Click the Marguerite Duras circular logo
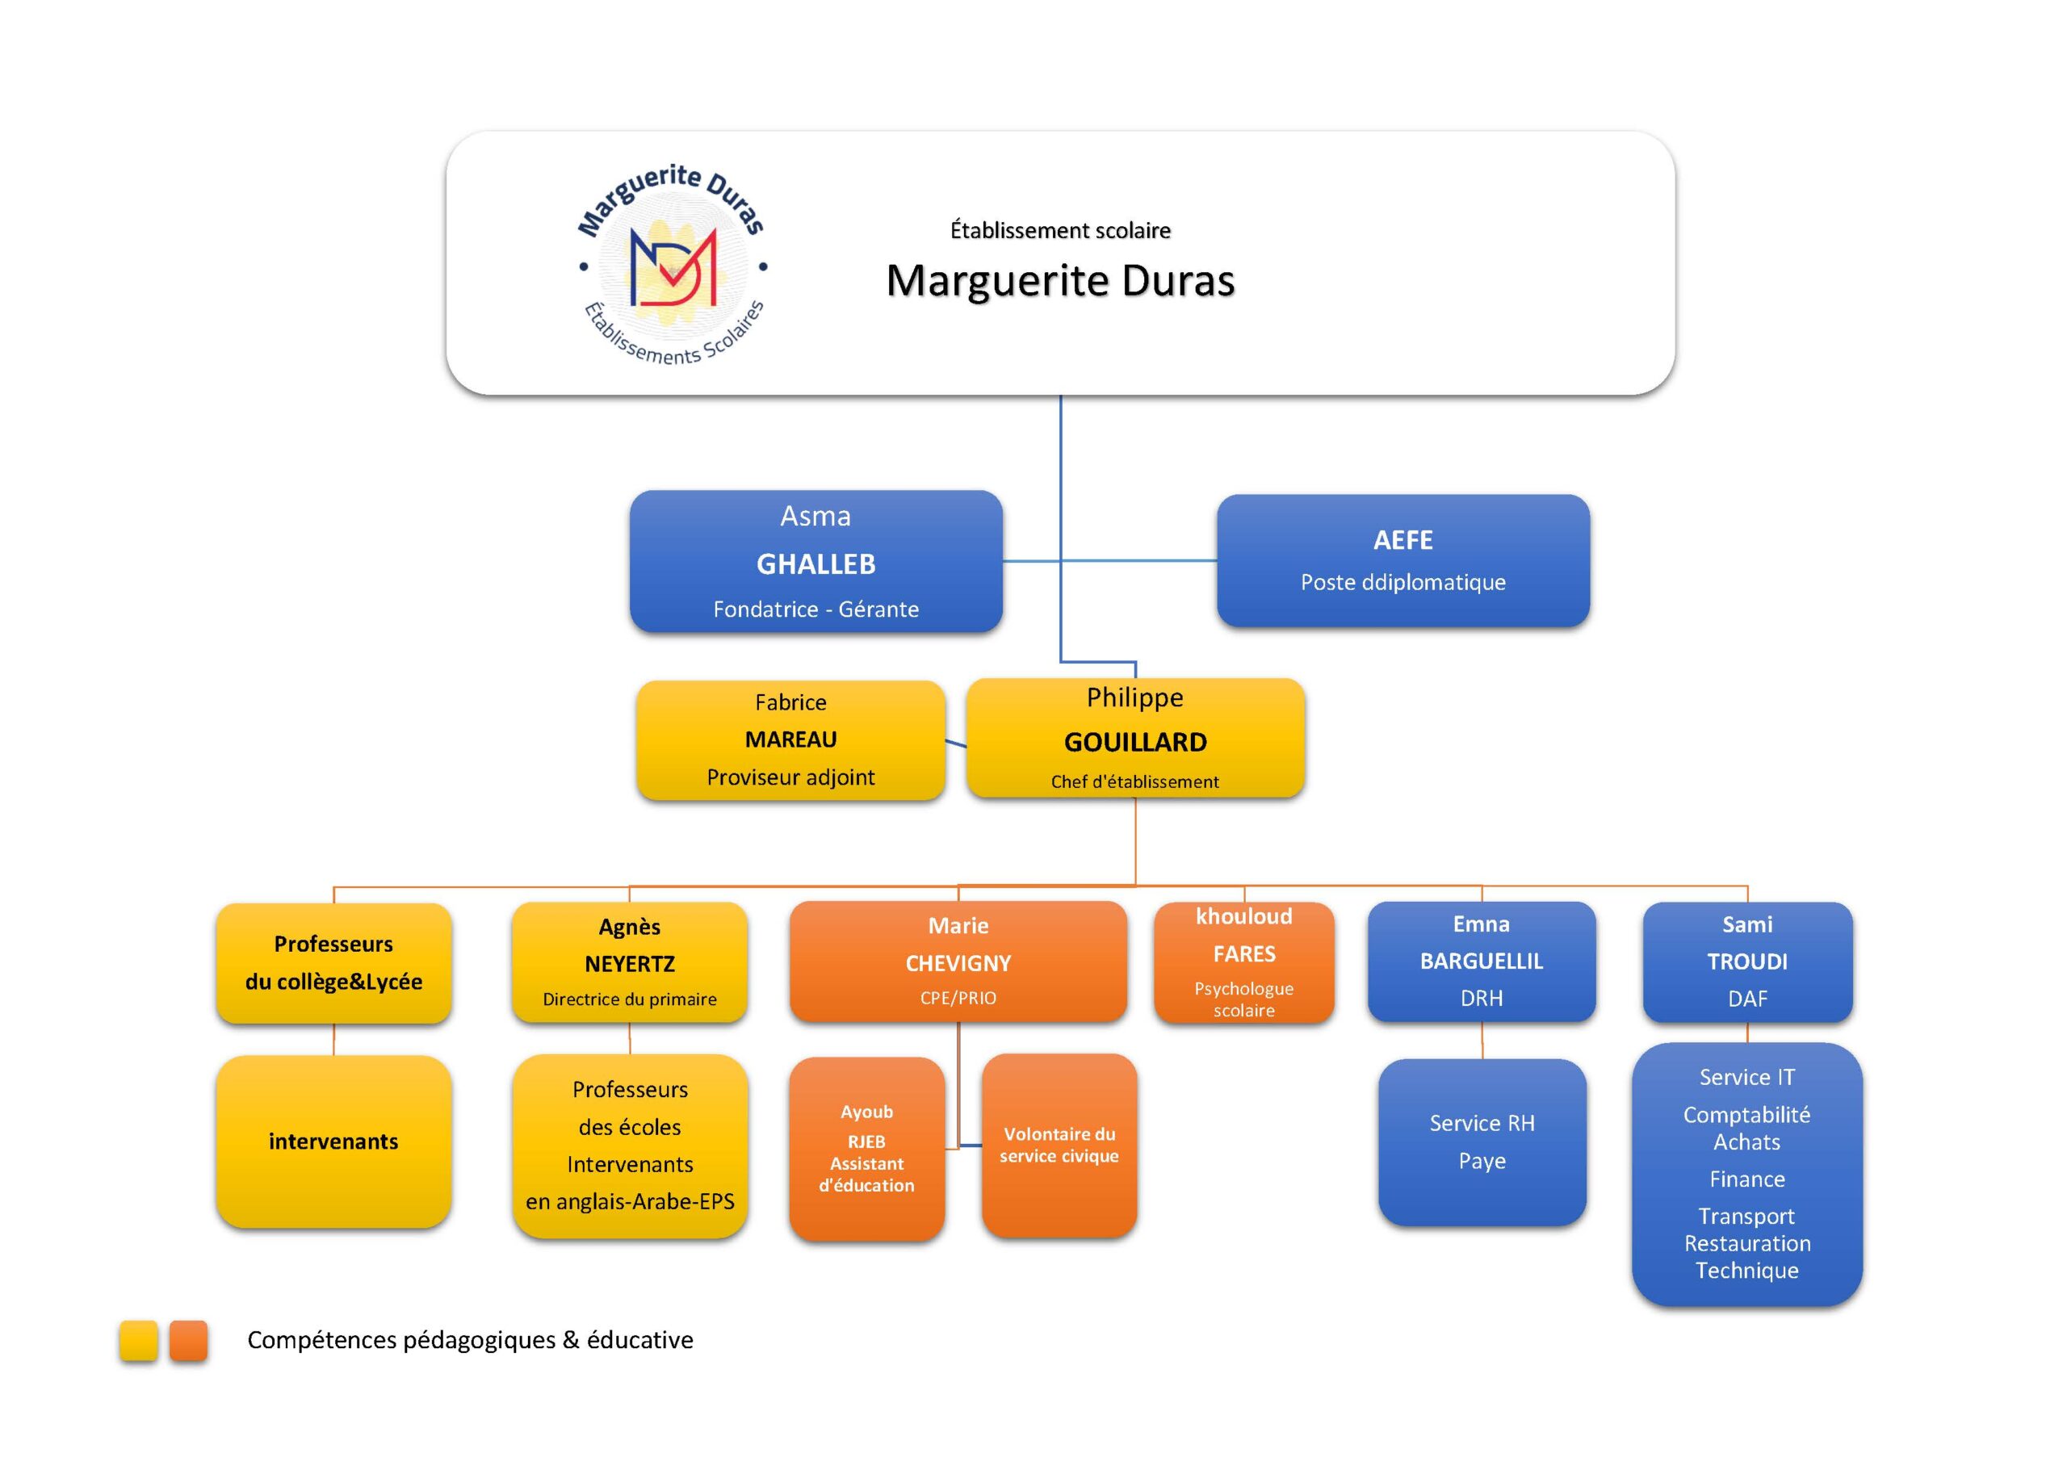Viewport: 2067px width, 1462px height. (672, 265)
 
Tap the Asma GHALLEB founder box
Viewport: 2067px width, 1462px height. (815, 561)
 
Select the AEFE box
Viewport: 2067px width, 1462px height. (1402, 560)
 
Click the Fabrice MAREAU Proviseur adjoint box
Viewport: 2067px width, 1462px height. (790, 739)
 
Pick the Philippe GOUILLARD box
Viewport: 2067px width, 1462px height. (1134, 738)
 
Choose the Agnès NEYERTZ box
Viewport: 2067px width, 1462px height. (629, 961)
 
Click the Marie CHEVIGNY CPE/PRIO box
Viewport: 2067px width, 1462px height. (958, 961)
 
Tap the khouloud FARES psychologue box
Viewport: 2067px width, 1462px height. (1243, 961)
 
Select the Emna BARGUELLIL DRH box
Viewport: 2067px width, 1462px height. (1481, 961)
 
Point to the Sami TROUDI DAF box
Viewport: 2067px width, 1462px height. (1746, 961)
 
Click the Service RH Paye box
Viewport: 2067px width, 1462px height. (1482, 1142)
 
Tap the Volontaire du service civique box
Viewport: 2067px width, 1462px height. (1059, 1145)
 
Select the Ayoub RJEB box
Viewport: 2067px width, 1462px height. (866, 1148)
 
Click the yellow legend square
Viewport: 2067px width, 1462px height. (139, 1340)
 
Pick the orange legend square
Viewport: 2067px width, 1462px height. (188, 1340)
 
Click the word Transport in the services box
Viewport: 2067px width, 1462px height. (1746, 1217)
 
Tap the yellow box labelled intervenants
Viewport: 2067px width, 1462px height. (333, 1142)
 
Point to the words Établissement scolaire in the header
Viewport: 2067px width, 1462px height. (1059, 230)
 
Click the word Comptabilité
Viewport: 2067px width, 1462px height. (1746, 1115)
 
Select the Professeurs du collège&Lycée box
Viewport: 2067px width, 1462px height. (333, 962)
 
